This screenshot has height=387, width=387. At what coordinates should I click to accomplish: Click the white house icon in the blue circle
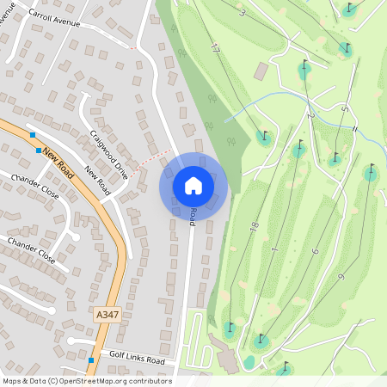coord(193,186)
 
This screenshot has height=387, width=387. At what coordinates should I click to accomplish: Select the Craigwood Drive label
coord(109,153)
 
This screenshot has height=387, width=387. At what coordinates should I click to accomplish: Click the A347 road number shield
coord(107,316)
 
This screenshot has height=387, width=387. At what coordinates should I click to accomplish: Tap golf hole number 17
coord(214,50)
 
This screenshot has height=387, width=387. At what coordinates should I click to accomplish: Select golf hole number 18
coord(255,225)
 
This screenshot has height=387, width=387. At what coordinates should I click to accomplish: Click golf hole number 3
coord(243,12)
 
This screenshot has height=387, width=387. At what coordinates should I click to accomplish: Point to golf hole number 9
coord(341,276)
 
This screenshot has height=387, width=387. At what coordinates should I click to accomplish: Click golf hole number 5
coord(343,109)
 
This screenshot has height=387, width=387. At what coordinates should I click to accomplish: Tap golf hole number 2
coord(309,114)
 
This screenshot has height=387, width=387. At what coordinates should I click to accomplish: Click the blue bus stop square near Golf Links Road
coord(90,360)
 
